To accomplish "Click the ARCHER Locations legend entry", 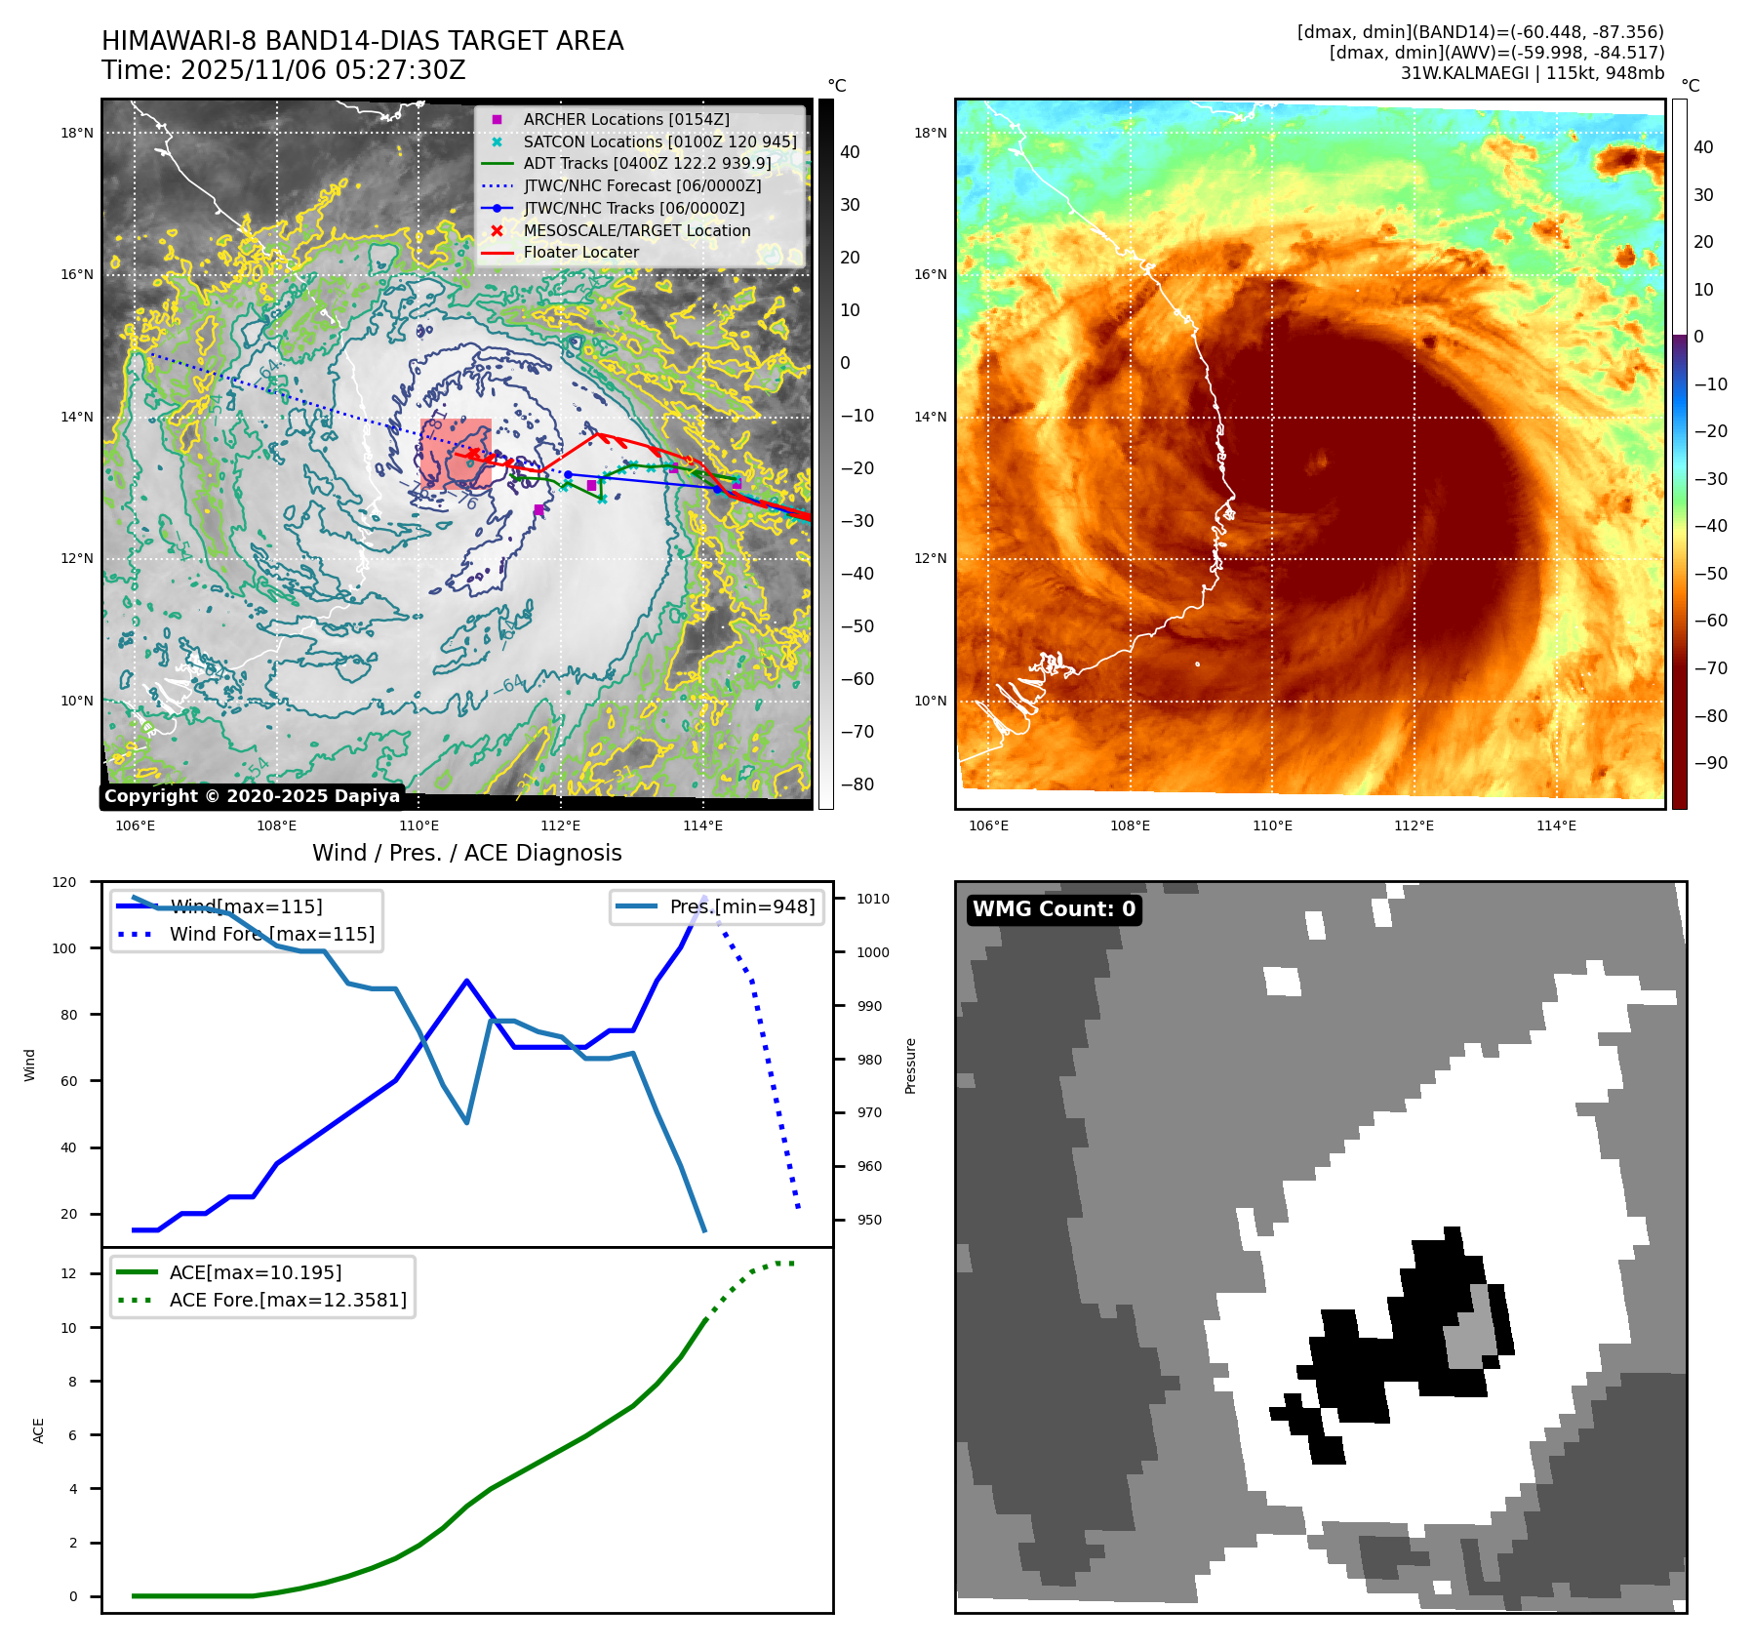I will tap(625, 119).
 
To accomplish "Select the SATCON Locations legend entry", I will tap(659, 141).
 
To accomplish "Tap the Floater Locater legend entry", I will tap(580, 252).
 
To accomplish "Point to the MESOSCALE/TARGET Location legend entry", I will tap(636, 230).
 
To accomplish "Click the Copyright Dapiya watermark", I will tap(252, 796).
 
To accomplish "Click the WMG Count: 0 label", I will tap(1054, 909).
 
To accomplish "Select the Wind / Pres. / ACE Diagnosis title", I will tap(466, 853).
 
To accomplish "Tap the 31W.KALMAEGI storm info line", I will tap(1532, 73).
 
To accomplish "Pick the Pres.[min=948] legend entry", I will tap(741, 906).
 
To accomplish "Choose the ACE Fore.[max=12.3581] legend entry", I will tap(288, 1300).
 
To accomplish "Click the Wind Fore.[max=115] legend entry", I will tap(271, 934).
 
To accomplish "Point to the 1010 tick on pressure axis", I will tap(873, 899).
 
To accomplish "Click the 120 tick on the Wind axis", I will tap(64, 882).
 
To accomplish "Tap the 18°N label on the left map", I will tap(77, 133).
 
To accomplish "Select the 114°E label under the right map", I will tap(1556, 825).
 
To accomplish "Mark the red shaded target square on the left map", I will tap(456, 454).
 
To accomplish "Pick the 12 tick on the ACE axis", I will tap(68, 1273).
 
